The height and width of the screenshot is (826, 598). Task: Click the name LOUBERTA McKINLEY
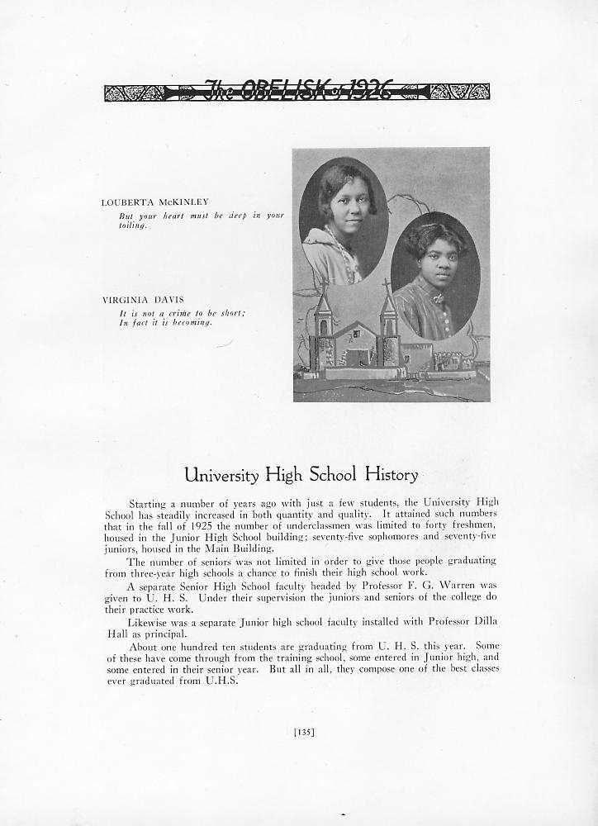coord(154,202)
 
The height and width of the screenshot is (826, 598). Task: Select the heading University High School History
coord(301,475)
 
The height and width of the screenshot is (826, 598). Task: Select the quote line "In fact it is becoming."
coord(165,322)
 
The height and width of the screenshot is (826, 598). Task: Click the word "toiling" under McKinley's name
coord(132,225)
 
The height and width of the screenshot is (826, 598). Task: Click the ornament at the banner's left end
coord(132,92)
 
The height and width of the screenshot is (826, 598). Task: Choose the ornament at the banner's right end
coord(461,92)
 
